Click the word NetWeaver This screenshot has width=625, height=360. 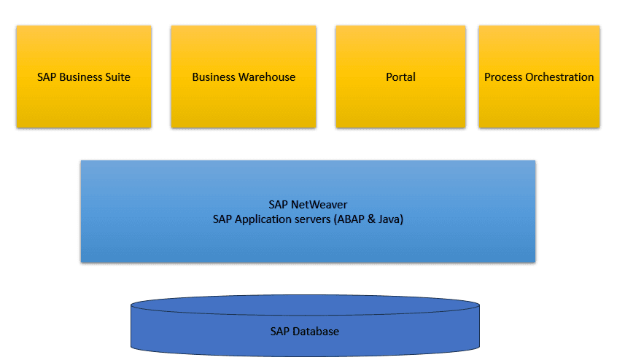[x=319, y=205]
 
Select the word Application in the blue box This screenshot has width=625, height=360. [x=264, y=218]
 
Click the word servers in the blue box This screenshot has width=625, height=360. [x=312, y=218]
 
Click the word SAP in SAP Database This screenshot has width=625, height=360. [x=280, y=332]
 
